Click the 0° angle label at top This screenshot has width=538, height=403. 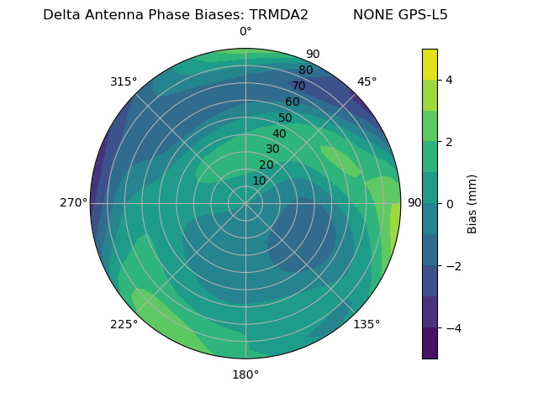click(245, 32)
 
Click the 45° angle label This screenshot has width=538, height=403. click(367, 81)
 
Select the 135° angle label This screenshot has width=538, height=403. click(367, 324)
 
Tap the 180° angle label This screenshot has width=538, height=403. click(245, 374)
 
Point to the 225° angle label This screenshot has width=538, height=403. click(124, 324)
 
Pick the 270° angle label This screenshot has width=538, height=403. click(73, 203)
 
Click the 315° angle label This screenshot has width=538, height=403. click(124, 81)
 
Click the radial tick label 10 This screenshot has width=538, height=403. click(259, 181)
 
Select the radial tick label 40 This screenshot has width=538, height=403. click(279, 133)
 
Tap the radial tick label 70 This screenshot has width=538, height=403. click(298, 86)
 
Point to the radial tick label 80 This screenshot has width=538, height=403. click(305, 71)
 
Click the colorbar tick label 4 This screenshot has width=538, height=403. click(449, 80)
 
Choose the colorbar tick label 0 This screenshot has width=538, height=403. click(449, 204)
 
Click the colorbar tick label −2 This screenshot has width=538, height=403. click(451, 266)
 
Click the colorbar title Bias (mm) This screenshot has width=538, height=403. click(472, 204)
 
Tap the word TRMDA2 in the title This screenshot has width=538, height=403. click(278, 15)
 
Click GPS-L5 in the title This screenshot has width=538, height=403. click(424, 15)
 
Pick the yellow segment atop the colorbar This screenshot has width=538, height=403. click(430, 64)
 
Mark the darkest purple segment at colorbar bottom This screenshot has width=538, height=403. click(430, 343)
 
